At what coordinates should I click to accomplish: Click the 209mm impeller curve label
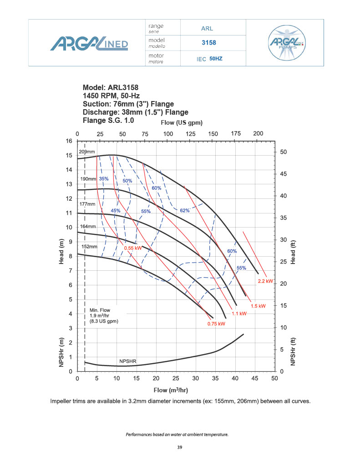click(87, 152)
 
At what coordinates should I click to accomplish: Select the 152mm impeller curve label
click(89, 247)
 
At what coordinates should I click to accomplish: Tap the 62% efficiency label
click(185, 210)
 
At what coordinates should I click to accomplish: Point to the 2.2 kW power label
click(265, 281)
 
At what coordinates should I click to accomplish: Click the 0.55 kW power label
click(133, 248)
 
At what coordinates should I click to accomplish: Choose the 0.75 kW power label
click(216, 324)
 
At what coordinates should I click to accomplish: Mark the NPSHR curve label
click(128, 361)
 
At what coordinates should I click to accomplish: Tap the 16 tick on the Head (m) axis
click(69, 141)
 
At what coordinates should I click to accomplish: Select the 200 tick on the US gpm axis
click(258, 133)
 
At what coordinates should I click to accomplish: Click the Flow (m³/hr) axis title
click(171, 390)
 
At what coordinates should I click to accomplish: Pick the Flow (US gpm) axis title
click(182, 123)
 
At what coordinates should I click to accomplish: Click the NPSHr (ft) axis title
click(294, 350)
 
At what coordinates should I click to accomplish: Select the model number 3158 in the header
click(208, 43)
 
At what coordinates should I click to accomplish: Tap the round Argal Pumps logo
click(287, 43)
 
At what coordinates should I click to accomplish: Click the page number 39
click(180, 448)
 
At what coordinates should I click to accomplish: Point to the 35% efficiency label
click(104, 179)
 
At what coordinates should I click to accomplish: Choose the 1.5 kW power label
click(258, 306)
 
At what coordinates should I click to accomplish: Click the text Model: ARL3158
click(111, 87)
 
